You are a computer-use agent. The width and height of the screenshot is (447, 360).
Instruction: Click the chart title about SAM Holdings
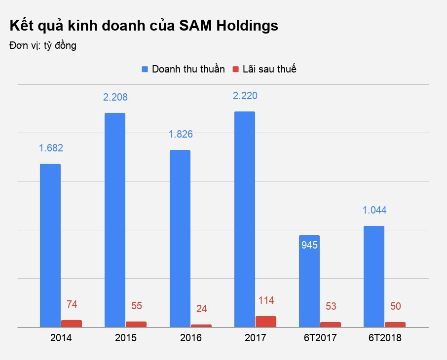(x=144, y=26)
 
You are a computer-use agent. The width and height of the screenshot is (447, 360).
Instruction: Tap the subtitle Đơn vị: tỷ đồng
(x=42, y=46)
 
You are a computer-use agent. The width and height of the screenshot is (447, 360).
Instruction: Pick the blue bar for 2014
(x=50, y=245)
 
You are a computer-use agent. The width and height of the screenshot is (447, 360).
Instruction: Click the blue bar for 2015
(x=115, y=220)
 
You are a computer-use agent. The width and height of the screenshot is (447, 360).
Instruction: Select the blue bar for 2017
(x=245, y=219)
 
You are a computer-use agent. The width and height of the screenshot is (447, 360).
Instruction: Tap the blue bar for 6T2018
(x=374, y=276)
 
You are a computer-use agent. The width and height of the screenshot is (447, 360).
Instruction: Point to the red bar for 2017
(x=266, y=322)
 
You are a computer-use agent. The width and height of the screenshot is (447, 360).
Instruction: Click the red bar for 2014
(x=72, y=324)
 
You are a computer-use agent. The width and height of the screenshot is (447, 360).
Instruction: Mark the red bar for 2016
(x=201, y=325)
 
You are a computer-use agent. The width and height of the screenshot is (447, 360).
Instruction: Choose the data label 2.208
(x=115, y=97)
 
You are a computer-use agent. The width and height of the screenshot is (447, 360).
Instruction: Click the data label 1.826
(x=180, y=134)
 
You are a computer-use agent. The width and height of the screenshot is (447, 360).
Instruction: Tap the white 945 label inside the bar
(x=309, y=245)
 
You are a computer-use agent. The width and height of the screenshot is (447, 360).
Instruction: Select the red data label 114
(x=266, y=300)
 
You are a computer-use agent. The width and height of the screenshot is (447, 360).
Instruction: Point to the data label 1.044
(x=374, y=210)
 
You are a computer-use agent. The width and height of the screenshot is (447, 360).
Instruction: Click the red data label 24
(x=201, y=309)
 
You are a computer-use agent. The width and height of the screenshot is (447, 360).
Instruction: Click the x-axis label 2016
(x=190, y=338)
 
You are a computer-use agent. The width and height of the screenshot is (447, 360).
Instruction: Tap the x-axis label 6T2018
(x=385, y=338)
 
